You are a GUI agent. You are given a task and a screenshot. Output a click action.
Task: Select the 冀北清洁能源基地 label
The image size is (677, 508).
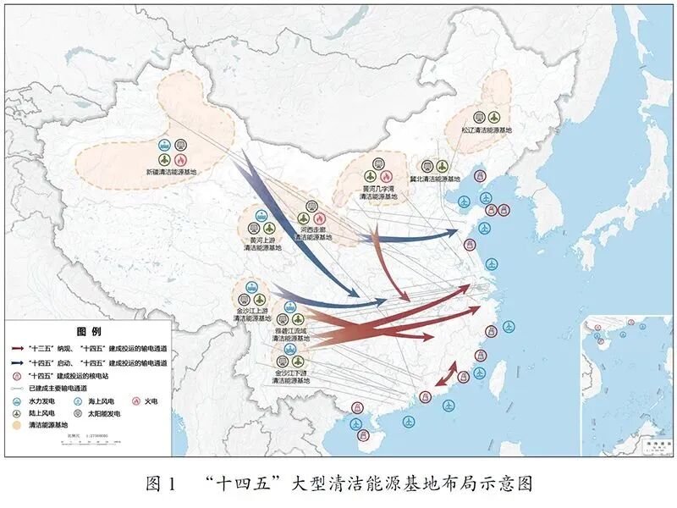click(435, 179)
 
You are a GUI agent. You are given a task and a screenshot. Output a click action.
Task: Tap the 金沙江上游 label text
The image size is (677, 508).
click(252, 312)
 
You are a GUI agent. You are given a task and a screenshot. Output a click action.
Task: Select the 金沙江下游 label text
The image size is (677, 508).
click(291, 373)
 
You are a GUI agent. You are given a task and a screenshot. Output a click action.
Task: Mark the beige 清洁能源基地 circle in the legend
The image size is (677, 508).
click(17, 425)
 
